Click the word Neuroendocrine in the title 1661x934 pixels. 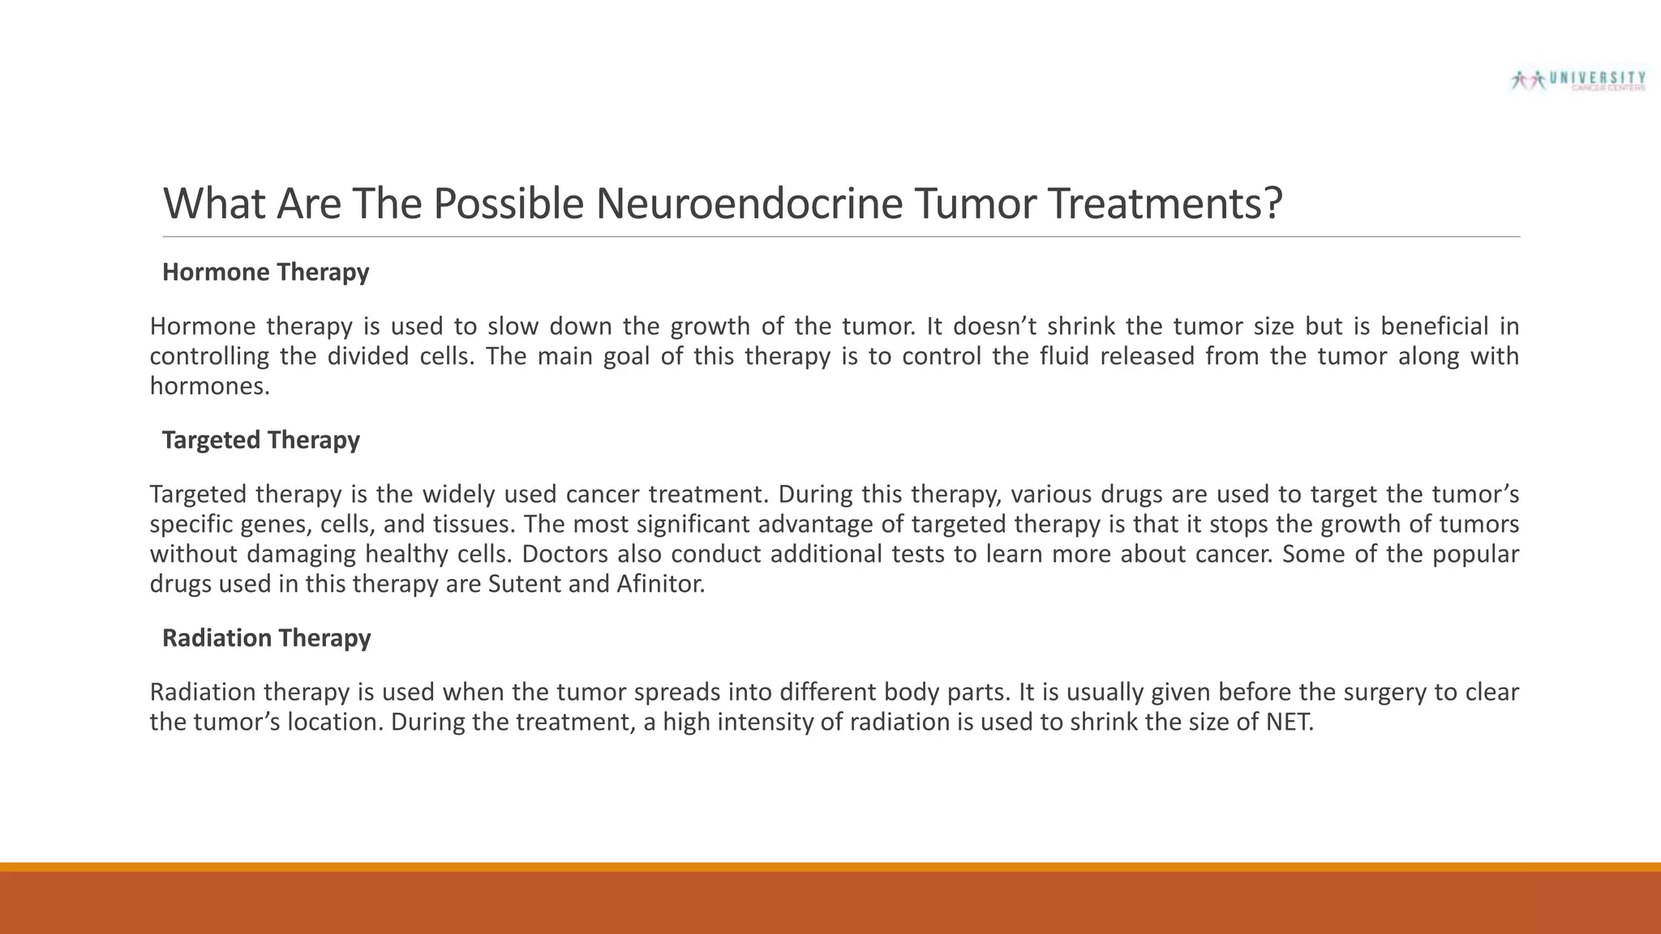[x=749, y=204]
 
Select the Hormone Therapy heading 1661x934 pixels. [x=265, y=272]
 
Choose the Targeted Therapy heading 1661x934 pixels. [x=260, y=439]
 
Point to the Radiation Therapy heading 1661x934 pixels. [x=266, y=638]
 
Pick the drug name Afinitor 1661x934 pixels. [x=659, y=584]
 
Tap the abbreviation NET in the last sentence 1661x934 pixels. [x=1288, y=722]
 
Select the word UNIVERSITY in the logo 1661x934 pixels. [x=1597, y=78]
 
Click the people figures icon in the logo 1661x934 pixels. [x=1529, y=79]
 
